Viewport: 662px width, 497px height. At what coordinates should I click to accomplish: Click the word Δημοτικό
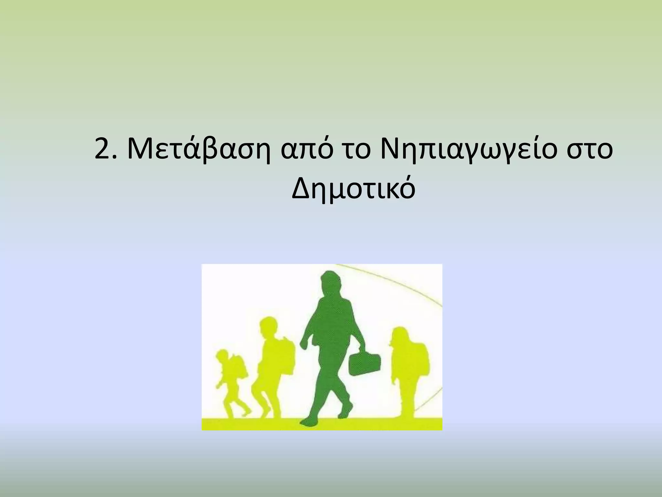(x=353, y=189)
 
